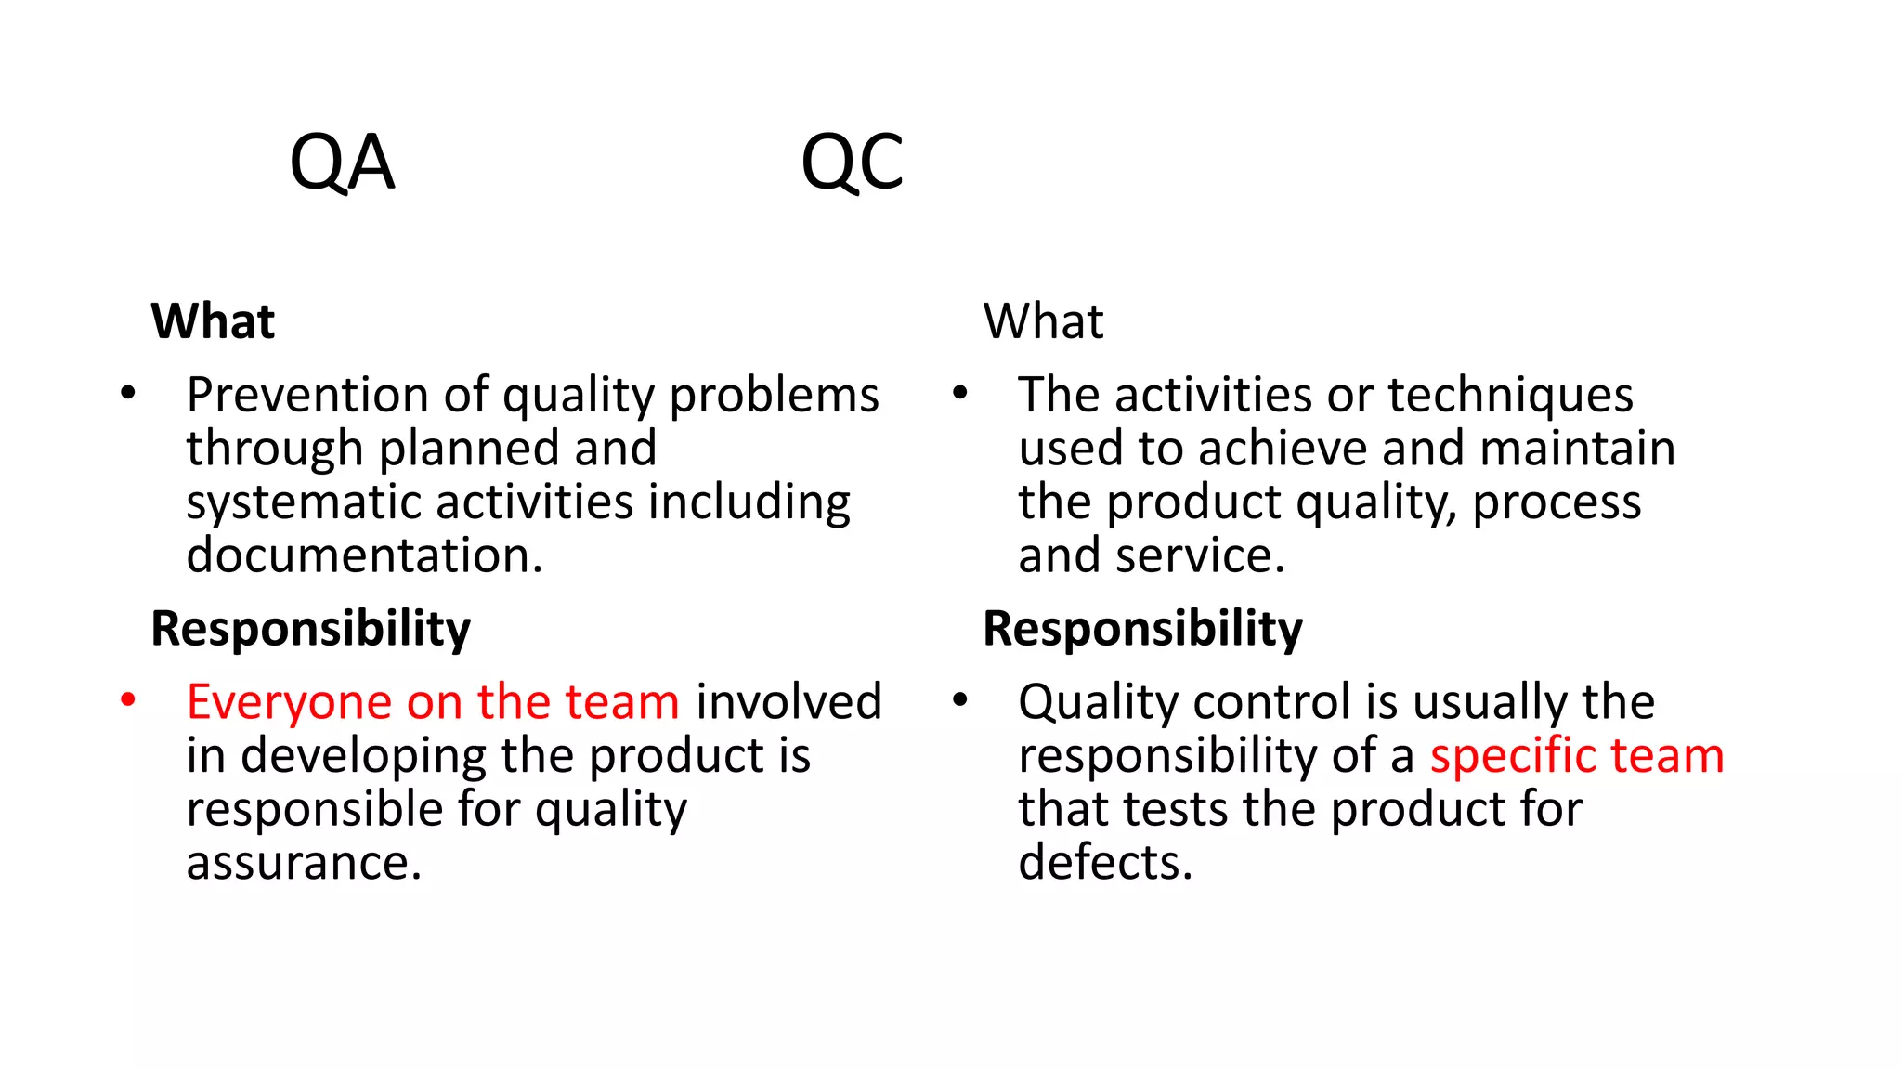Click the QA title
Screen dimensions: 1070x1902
click(x=342, y=163)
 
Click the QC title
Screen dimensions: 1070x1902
click(x=852, y=163)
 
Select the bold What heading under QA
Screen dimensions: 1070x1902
click(x=213, y=321)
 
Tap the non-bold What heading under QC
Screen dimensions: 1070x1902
click(x=1043, y=321)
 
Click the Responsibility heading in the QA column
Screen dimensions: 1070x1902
click(x=310, y=629)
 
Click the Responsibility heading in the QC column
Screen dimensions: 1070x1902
click(x=1142, y=629)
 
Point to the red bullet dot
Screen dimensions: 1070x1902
click(x=128, y=699)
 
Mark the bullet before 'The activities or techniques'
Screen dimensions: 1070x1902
click(x=960, y=393)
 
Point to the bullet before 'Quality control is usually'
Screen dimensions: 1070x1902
click(x=960, y=699)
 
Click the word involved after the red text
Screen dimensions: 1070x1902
click(x=788, y=701)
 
